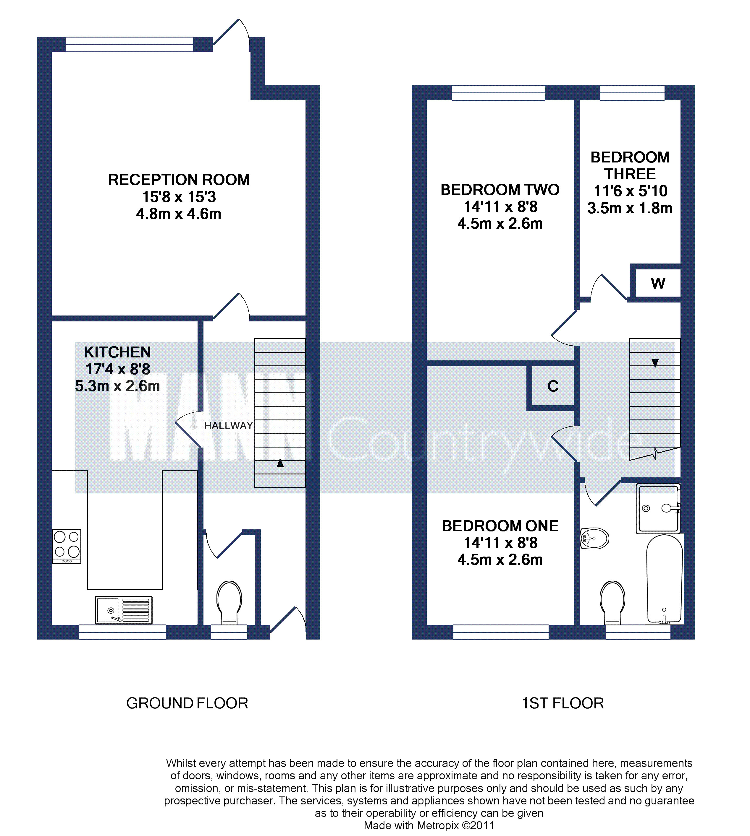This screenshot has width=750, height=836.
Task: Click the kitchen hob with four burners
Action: (x=67, y=546)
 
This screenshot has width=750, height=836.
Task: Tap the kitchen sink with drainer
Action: (x=124, y=610)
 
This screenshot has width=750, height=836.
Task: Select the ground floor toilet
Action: (x=229, y=603)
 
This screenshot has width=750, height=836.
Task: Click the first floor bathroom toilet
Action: (x=612, y=603)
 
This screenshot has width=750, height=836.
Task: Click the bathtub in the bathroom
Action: (x=664, y=579)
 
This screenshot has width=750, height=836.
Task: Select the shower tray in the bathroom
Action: (x=658, y=509)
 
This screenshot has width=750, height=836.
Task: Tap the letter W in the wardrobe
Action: (x=658, y=283)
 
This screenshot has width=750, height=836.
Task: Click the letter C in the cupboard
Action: (x=553, y=386)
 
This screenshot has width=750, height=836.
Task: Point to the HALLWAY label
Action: (x=228, y=426)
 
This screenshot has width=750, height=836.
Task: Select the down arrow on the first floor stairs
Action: (x=655, y=356)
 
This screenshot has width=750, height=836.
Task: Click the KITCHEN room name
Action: (x=117, y=352)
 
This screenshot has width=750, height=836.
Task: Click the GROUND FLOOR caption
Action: (x=187, y=703)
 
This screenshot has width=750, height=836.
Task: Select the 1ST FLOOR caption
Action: (x=562, y=703)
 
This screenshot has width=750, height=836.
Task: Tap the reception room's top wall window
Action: (x=130, y=44)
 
